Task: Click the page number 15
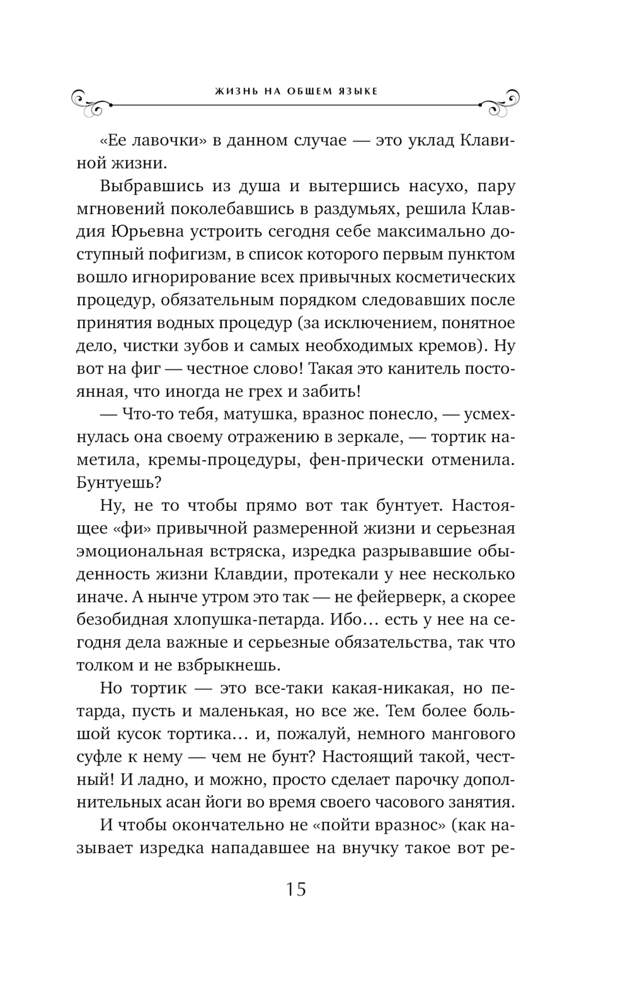(295, 890)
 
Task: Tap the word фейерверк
(407, 597)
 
